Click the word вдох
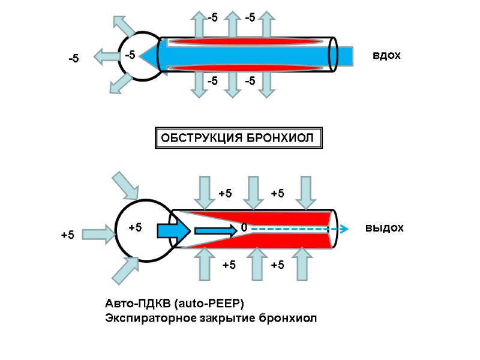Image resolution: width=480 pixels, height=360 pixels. [x=386, y=56]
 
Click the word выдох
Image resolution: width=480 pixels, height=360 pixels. [x=385, y=229]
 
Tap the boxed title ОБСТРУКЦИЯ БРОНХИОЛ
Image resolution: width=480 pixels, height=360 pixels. [x=239, y=139]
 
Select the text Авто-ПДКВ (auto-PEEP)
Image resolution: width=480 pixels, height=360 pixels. [x=175, y=302]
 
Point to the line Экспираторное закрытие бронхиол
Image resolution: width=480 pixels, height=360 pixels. [x=210, y=317]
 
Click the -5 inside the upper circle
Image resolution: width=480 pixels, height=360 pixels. [x=130, y=55]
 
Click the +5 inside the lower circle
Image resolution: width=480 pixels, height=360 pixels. [x=136, y=228]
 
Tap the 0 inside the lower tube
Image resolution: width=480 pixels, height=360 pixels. [x=244, y=229]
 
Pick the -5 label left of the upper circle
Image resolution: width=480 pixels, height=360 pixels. [x=73, y=59]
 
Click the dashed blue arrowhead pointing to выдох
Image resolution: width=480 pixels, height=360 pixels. [x=344, y=229]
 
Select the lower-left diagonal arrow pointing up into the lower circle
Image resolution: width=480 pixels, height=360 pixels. [x=125, y=270]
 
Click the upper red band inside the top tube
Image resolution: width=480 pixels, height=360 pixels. [x=246, y=42]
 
